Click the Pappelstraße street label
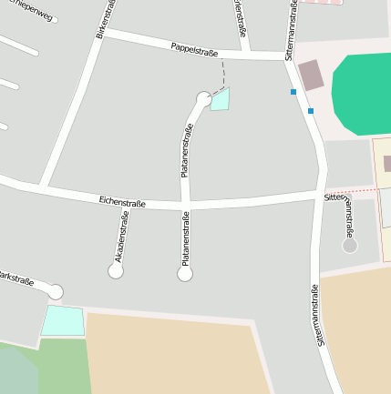pos(194,49)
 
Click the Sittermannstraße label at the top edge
pos(291,27)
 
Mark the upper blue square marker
pos(293,92)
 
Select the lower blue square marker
pos(311,111)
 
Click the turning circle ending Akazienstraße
pos(116,270)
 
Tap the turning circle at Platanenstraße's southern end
pos(185,273)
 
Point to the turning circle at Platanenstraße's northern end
pos(204,98)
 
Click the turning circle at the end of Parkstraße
pos(56,291)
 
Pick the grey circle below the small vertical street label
pos(349,246)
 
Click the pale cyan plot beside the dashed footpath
pos(221,99)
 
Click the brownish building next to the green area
pos(311,76)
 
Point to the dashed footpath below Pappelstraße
pos(222,74)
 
